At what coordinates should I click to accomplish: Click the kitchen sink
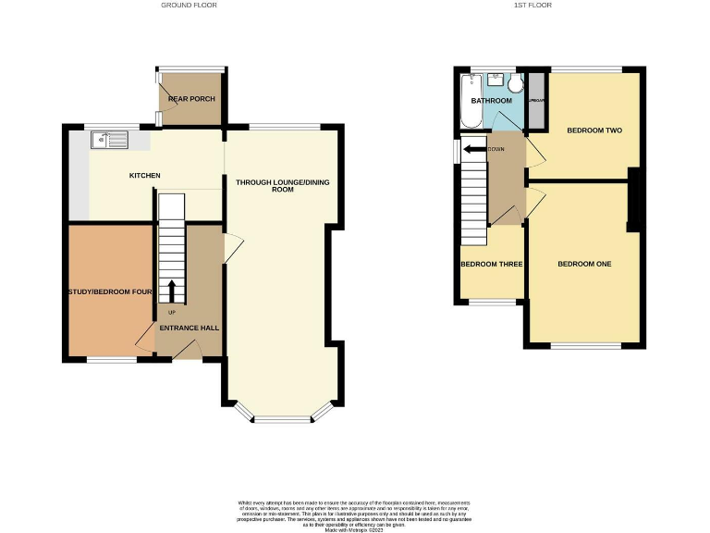click(108, 141)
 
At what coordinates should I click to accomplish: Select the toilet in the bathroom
click(514, 84)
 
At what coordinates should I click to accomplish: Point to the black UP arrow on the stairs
click(171, 289)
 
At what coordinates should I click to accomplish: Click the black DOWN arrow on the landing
click(474, 148)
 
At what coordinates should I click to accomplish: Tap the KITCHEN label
click(144, 176)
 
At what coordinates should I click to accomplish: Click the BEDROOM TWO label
click(594, 130)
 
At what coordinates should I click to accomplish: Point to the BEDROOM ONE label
click(583, 265)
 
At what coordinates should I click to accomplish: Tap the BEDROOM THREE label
click(492, 265)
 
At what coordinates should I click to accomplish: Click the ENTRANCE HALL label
click(189, 328)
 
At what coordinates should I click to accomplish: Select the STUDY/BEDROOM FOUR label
click(110, 293)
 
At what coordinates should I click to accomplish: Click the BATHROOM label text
click(491, 100)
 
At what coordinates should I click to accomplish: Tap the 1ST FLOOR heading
click(532, 6)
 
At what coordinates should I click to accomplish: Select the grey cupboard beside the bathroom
click(535, 100)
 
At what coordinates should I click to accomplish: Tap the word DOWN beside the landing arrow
click(496, 148)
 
